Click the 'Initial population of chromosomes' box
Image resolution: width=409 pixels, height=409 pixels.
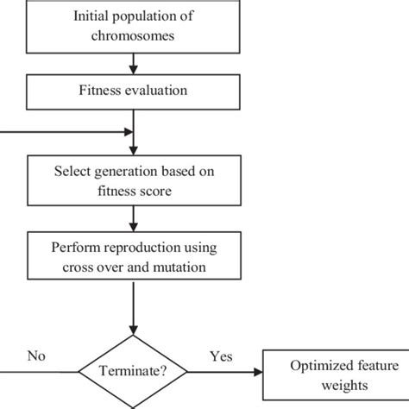(133, 27)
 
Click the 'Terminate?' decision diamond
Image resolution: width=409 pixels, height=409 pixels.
(133, 373)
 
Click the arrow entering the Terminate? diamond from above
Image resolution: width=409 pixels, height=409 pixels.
(133, 311)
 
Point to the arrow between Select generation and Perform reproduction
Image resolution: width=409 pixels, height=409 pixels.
(133, 218)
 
